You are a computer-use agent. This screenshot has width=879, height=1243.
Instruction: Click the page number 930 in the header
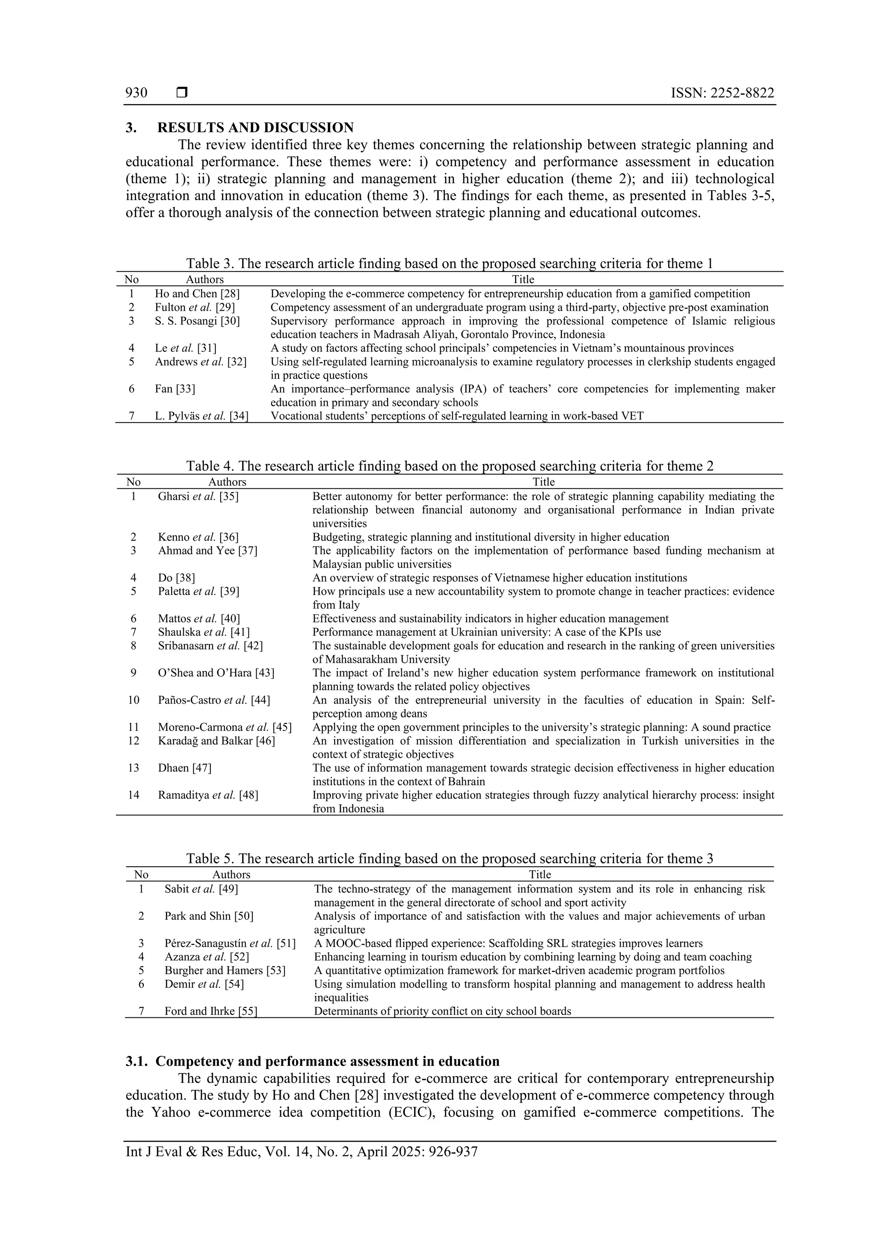point(136,93)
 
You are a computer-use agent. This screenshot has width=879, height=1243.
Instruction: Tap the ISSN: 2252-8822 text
point(722,93)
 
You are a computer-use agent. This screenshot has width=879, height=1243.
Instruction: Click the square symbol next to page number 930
point(182,93)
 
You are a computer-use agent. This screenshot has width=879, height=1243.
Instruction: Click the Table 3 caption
point(449,263)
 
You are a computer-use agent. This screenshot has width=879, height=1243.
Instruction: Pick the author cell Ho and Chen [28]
point(197,294)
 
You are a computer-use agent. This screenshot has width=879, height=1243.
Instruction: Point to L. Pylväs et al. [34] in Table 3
point(201,416)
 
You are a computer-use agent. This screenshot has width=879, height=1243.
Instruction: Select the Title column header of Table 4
point(543,482)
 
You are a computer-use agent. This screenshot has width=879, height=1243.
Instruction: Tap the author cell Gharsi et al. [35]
point(198,496)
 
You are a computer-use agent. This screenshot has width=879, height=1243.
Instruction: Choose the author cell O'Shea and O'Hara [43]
point(216,673)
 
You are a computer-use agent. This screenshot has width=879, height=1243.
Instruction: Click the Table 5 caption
point(449,859)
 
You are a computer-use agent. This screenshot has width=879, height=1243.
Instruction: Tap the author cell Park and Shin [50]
point(209,916)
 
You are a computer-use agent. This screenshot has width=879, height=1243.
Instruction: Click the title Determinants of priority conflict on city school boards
point(443,1011)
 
